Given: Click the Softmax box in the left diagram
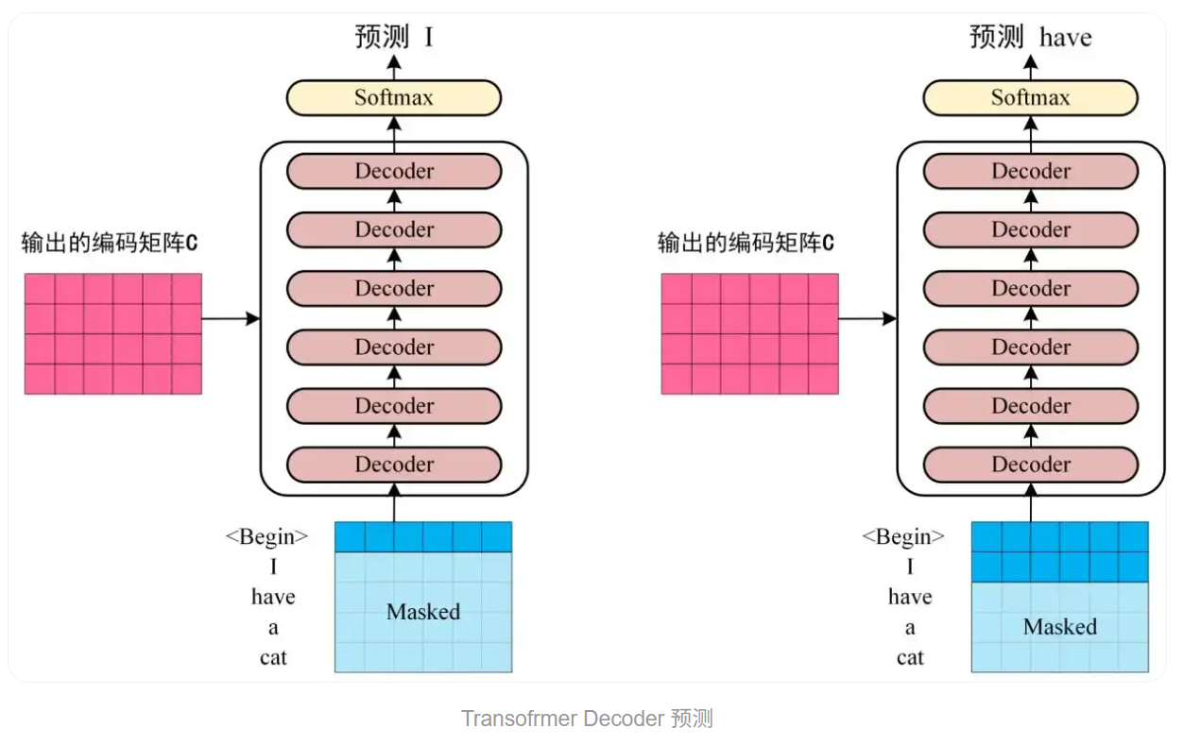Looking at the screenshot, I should [x=394, y=97].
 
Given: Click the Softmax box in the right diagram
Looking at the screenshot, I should [x=1030, y=97].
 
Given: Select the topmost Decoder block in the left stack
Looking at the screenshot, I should [x=394, y=171].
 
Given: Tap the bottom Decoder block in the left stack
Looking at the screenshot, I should [x=394, y=464].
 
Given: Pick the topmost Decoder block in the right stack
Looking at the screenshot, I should [x=1030, y=171].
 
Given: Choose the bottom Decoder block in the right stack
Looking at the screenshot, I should [x=1030, y=464].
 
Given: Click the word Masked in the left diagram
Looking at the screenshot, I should [x=423, y=612].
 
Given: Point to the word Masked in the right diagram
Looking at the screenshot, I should [x=1059, y=627].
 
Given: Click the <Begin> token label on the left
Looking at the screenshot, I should [x=267, y=537].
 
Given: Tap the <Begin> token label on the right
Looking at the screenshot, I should [x=903, y=537].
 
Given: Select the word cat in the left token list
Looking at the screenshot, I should [x=273, y=657].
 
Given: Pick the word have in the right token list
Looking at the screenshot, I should [x=910, y=597].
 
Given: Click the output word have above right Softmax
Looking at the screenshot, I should [x=1065, y=38].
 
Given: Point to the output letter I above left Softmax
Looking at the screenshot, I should [x=429, y=38].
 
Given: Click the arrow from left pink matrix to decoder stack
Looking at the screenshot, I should [x=231, y=319].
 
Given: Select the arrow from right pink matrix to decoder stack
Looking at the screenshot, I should [x=867, y=319].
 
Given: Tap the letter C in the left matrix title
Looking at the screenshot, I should [x=192, y=244].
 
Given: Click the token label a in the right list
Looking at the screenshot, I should [x=910, y=628].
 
